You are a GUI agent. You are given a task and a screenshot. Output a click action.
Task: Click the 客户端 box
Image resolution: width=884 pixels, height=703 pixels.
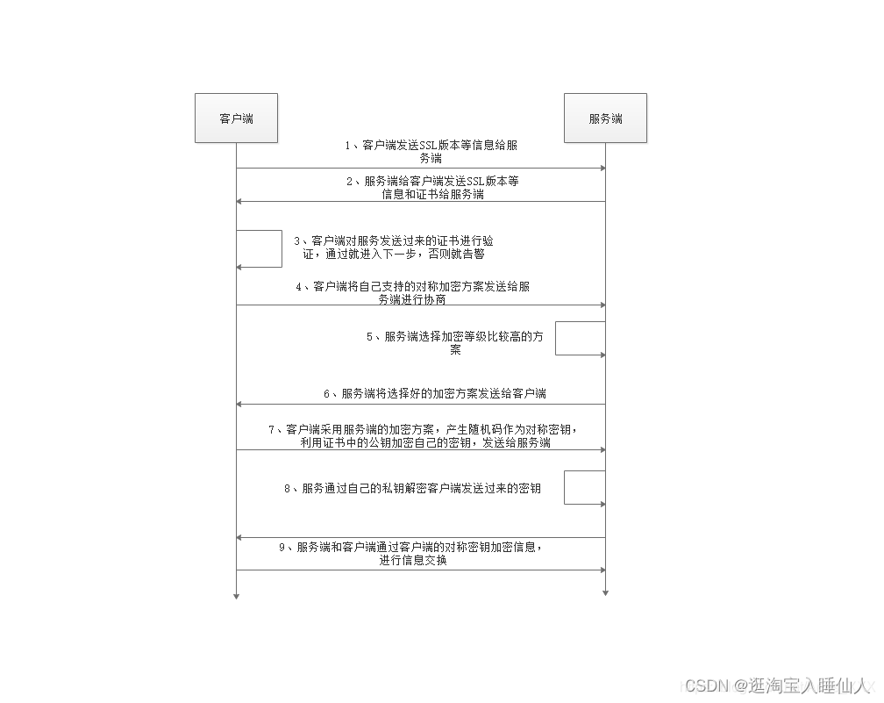point(236,118)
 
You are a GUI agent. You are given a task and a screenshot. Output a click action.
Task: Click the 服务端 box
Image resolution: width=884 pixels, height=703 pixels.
point(605,118)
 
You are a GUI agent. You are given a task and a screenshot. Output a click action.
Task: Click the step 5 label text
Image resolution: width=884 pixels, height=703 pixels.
point(454,342)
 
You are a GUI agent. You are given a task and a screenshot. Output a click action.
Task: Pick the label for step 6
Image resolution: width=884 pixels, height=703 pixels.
point(434,393)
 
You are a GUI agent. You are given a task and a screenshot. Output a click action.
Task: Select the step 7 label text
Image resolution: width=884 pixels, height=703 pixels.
point(424,435)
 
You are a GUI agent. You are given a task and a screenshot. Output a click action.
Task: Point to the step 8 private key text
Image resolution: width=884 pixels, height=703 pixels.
point(411,488)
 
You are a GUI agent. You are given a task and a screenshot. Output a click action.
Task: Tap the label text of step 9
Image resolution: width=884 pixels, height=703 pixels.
point(411,554)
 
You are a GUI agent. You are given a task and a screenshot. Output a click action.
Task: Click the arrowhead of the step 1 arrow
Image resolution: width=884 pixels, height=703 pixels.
point(602,168)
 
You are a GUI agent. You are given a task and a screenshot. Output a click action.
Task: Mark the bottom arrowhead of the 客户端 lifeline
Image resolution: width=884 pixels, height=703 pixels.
point(236,596)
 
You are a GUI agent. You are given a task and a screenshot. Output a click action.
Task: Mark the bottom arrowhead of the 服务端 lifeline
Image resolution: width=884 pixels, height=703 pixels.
point(605,592)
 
